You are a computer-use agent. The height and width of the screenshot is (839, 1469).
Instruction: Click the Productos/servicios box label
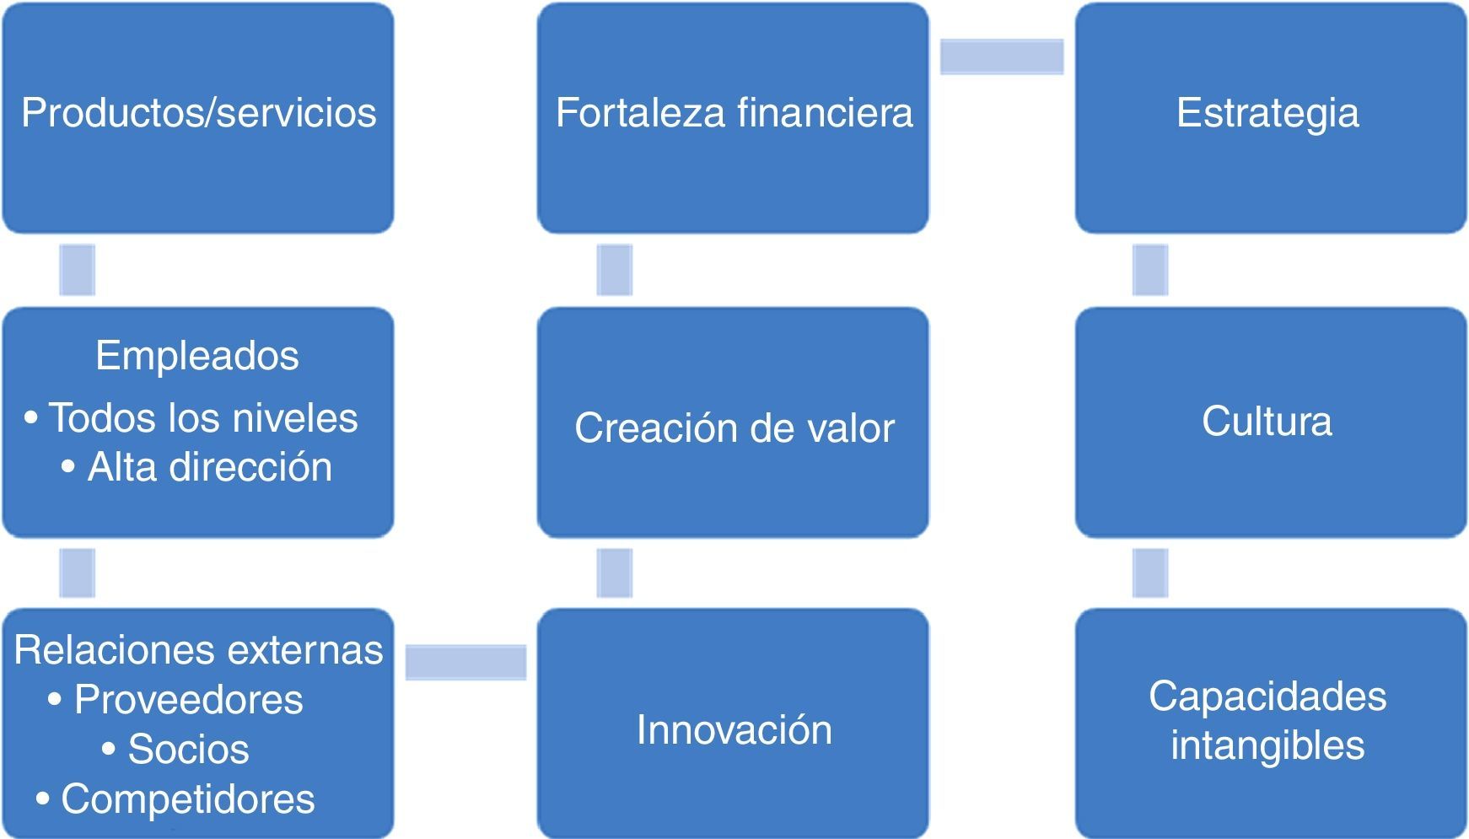[x=198, y=113]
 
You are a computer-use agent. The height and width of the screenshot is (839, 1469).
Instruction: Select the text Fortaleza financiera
[x=734, y=113]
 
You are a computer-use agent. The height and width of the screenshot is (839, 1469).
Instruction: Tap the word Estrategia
[x=1267, y=113]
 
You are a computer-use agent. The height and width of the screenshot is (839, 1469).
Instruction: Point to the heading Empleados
[x=197, y=355]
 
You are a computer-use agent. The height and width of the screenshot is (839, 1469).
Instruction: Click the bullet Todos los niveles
[x=202, y=418]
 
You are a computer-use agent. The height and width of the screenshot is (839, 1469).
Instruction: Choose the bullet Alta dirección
[x=209, y=467]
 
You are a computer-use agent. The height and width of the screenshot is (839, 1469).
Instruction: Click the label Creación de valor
[x=734, y=428]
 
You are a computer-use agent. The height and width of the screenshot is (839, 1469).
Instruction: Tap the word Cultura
[x=1267, y=421]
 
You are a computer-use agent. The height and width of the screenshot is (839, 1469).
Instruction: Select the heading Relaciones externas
[x=198, y=650]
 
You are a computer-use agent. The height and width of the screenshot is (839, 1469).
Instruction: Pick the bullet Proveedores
[x=188, y=699]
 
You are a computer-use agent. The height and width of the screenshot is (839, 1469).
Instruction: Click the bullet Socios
[x=188, y=749]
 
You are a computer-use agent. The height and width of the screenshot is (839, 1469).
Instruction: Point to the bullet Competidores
[x=187, y=799]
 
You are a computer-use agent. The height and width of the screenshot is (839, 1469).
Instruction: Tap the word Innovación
[x=734, y=729]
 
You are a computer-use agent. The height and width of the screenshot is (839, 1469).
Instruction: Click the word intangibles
[x=1267, y=745]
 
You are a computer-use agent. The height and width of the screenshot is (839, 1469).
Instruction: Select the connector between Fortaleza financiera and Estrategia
[x=1002, y=57]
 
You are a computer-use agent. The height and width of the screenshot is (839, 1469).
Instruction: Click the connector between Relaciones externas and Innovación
[x=465, y=662]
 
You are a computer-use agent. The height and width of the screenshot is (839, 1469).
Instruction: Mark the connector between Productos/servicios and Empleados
[x=77, y=270]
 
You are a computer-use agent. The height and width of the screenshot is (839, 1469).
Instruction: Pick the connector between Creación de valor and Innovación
[x=614, y=573]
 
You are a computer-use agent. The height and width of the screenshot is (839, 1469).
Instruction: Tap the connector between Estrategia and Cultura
[x=1149, y=270]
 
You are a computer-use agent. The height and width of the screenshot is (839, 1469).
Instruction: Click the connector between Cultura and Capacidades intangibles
[x=1149, y=573]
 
